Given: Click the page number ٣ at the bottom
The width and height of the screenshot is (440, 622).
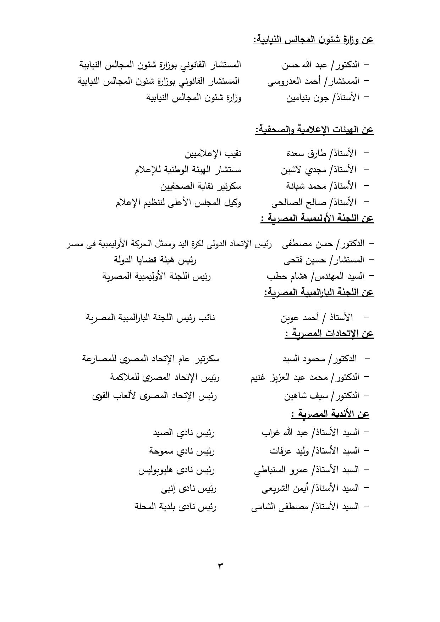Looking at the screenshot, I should [220, 566].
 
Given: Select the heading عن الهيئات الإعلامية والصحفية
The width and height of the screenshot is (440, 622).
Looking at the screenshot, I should [314, 129].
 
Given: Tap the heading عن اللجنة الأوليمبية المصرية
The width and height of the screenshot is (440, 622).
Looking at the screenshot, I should [317, 218].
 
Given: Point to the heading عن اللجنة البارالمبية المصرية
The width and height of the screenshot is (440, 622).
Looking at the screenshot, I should [319, 292].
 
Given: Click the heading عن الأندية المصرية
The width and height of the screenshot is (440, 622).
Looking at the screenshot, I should [330, 413].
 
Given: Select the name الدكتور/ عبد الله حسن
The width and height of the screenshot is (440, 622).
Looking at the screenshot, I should [320, 65].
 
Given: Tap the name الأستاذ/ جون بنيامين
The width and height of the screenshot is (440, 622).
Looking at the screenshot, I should [323, 98].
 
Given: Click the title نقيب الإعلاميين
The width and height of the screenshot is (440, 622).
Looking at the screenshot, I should [213, 154].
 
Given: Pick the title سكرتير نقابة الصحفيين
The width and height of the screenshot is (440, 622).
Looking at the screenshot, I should [201, 186].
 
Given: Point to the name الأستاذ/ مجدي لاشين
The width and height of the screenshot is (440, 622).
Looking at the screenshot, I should [319, 170].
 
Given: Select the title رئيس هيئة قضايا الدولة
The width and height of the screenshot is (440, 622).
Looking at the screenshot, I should [155, 260].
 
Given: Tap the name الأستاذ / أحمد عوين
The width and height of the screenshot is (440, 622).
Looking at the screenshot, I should [317, 317].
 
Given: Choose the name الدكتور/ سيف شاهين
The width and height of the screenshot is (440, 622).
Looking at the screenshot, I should [321, 395].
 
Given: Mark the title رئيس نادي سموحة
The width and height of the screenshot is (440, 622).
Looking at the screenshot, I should [182, 451].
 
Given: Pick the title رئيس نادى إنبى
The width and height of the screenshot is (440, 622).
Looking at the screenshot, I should [189, 489].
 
